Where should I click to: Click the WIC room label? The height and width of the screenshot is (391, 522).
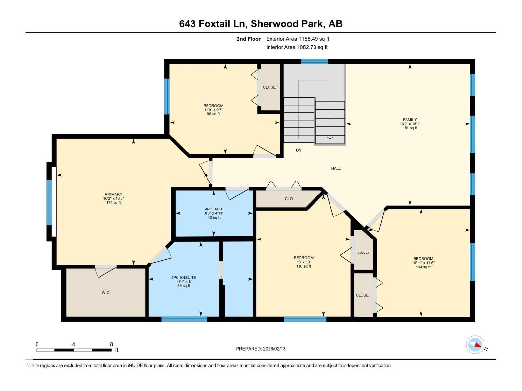click(x=105, y=293)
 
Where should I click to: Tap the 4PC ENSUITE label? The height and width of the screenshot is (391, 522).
click(x=184, y=278)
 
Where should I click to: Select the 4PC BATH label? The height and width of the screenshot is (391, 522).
click(x=214, y=209)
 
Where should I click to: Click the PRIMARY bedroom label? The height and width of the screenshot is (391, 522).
click(x=113, y=195)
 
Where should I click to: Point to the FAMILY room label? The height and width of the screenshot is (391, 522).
click(x=410, y=120)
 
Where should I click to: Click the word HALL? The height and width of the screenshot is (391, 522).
click(x=336, y=168)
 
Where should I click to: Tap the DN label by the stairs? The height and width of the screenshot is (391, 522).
click(x=299, y=150)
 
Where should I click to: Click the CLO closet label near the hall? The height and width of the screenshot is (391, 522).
click(x=289, y=199)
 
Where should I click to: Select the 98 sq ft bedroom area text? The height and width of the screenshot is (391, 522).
click(x=213, y=114)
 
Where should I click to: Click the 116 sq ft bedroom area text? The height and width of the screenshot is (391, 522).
click(x=303, y=266)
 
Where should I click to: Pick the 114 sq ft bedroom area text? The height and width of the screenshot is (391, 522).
click(x=423, y=267)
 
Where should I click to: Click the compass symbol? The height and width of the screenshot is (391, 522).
click(x=475, y=345)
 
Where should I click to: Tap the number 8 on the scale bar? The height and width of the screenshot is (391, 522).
click(x=111, y=344)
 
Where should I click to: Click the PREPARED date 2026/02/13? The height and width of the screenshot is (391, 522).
click(x=274, y=349)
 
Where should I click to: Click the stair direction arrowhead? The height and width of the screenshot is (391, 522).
click(x=330, y=138)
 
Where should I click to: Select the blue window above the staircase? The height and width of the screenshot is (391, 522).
click(x=314, y=61)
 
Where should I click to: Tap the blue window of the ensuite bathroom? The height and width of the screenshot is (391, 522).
click(x=184, y=319)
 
